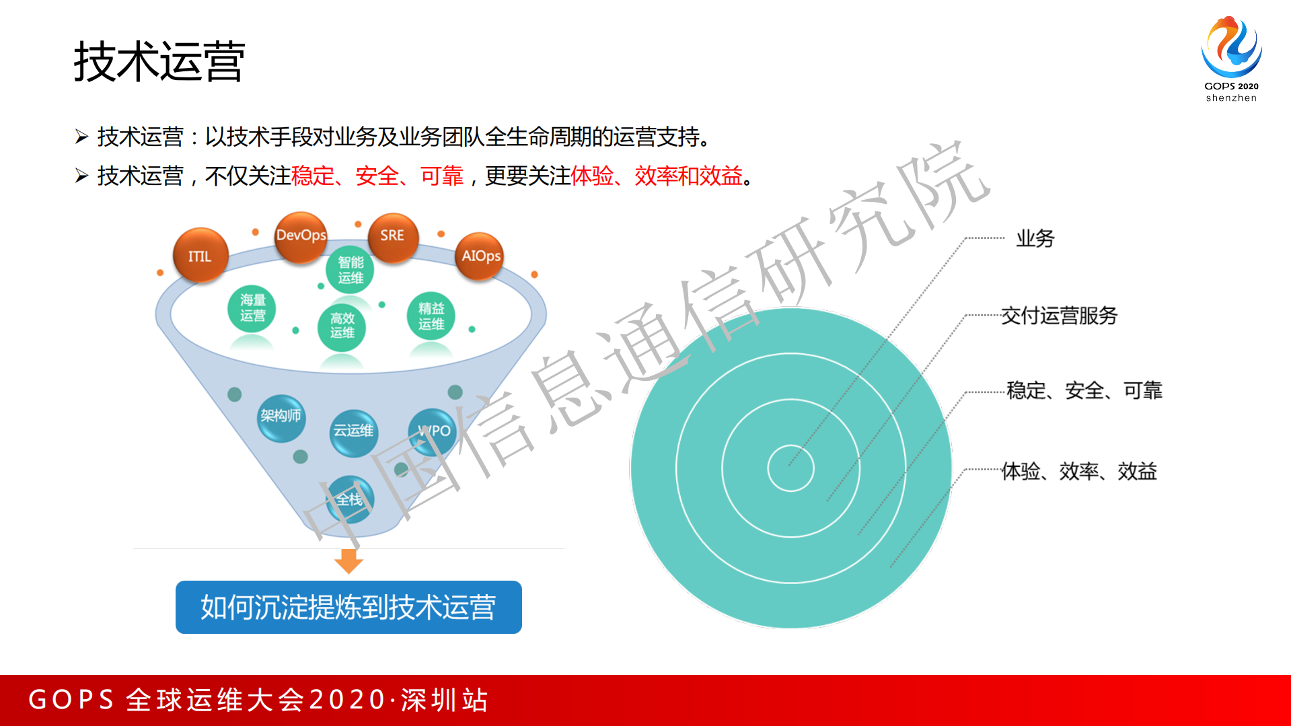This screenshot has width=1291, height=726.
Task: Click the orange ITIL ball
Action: (200, 256)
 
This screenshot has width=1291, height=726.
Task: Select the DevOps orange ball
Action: (301, 236)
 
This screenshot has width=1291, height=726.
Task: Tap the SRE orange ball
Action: (393, 236)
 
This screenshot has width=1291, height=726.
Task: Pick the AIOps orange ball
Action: (480, 256)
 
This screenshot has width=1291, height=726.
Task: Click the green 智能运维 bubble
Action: (350, 270)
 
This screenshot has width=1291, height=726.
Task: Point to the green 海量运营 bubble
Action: (252, 308)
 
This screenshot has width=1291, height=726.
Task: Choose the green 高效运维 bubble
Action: (342, 326)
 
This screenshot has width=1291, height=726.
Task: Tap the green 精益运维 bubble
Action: (431, 316)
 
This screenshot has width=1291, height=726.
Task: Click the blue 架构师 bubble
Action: (281, 417)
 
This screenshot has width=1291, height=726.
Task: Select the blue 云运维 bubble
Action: (353, 431)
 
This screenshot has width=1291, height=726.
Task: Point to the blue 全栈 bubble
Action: (350, 500)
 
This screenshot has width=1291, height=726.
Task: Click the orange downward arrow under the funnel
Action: (348, 560)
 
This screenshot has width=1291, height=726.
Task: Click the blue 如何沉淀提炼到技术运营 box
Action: (348, 607)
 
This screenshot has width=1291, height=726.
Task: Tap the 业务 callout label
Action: (1035, 238)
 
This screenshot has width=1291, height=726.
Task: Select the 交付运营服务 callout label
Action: (1059, 316)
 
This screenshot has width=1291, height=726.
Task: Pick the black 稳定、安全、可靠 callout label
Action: (1084, 390)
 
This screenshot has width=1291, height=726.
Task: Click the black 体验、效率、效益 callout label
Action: (1079, 471)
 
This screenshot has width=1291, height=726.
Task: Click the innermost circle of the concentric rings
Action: (790, 468)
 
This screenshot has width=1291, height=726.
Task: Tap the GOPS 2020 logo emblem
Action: (1231, 47)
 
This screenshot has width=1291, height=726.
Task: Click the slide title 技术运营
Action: (159, 62)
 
